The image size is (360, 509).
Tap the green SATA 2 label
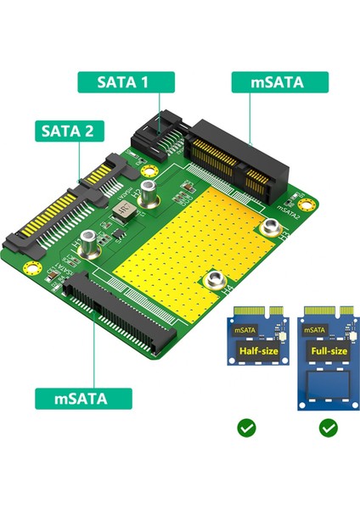(x=69, y=131)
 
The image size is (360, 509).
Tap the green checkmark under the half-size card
(x=247, y=428)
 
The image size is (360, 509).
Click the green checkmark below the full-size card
(x=329, y=428)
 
